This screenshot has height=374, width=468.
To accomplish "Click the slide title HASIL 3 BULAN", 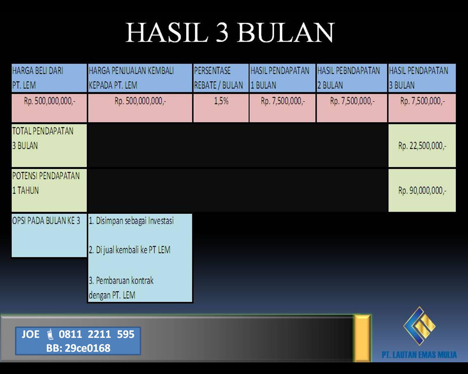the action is pyautogui.click(x=230, y=33).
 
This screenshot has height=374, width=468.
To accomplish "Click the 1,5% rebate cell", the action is pyautogui.click(x=221, y=101).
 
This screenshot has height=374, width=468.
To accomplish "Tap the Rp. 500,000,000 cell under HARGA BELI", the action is pyautogui.click(x=50, y=101).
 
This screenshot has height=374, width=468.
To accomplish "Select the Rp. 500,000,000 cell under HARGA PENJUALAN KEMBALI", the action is pyautogui.click(x=140, y=101).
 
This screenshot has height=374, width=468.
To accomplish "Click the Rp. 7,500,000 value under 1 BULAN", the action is pyautogui.click(x=283, y=101).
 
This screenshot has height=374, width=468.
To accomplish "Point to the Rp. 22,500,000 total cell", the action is pyautogui.click(x=422, y=146).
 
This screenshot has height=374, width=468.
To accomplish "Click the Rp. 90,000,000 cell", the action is pyautogui.click(x=422, y=191).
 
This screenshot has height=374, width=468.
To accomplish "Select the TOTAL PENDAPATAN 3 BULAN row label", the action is pyautogui.click(x=43, y=138).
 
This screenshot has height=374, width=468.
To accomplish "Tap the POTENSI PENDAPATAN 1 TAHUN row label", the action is pyautogui.click(x=46, y=183).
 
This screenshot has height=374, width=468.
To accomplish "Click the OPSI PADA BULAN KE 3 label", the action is pyautogui.click(x=46, y=221).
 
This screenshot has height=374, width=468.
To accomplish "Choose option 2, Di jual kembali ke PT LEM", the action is pyautogui.click(x=129, y=250).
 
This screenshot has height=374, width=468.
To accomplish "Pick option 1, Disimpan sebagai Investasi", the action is pyautogui.click(x=131, y=221).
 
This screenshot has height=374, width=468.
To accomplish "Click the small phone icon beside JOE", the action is pyautogui.click(x=50, y=334).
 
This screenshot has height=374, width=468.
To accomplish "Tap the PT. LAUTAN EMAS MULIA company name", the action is pyautogui.click(x=419, y=355).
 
